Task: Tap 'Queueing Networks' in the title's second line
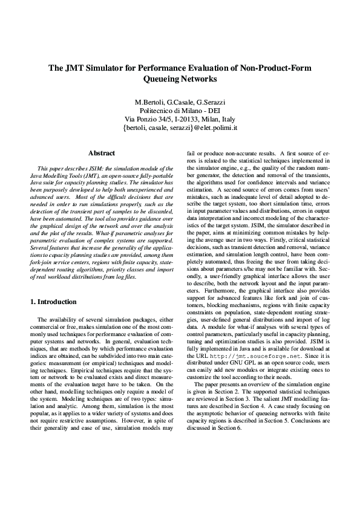pyautogui.click(x=180, y=79)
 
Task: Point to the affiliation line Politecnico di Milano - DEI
pyautogui.click(x=180, y=111)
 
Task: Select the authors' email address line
pyautogui.click(x=180, y=128)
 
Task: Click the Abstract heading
pyautogui.click(x=102, y=154)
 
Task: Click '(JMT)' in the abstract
pyautogui.click(x=97, y=173)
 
